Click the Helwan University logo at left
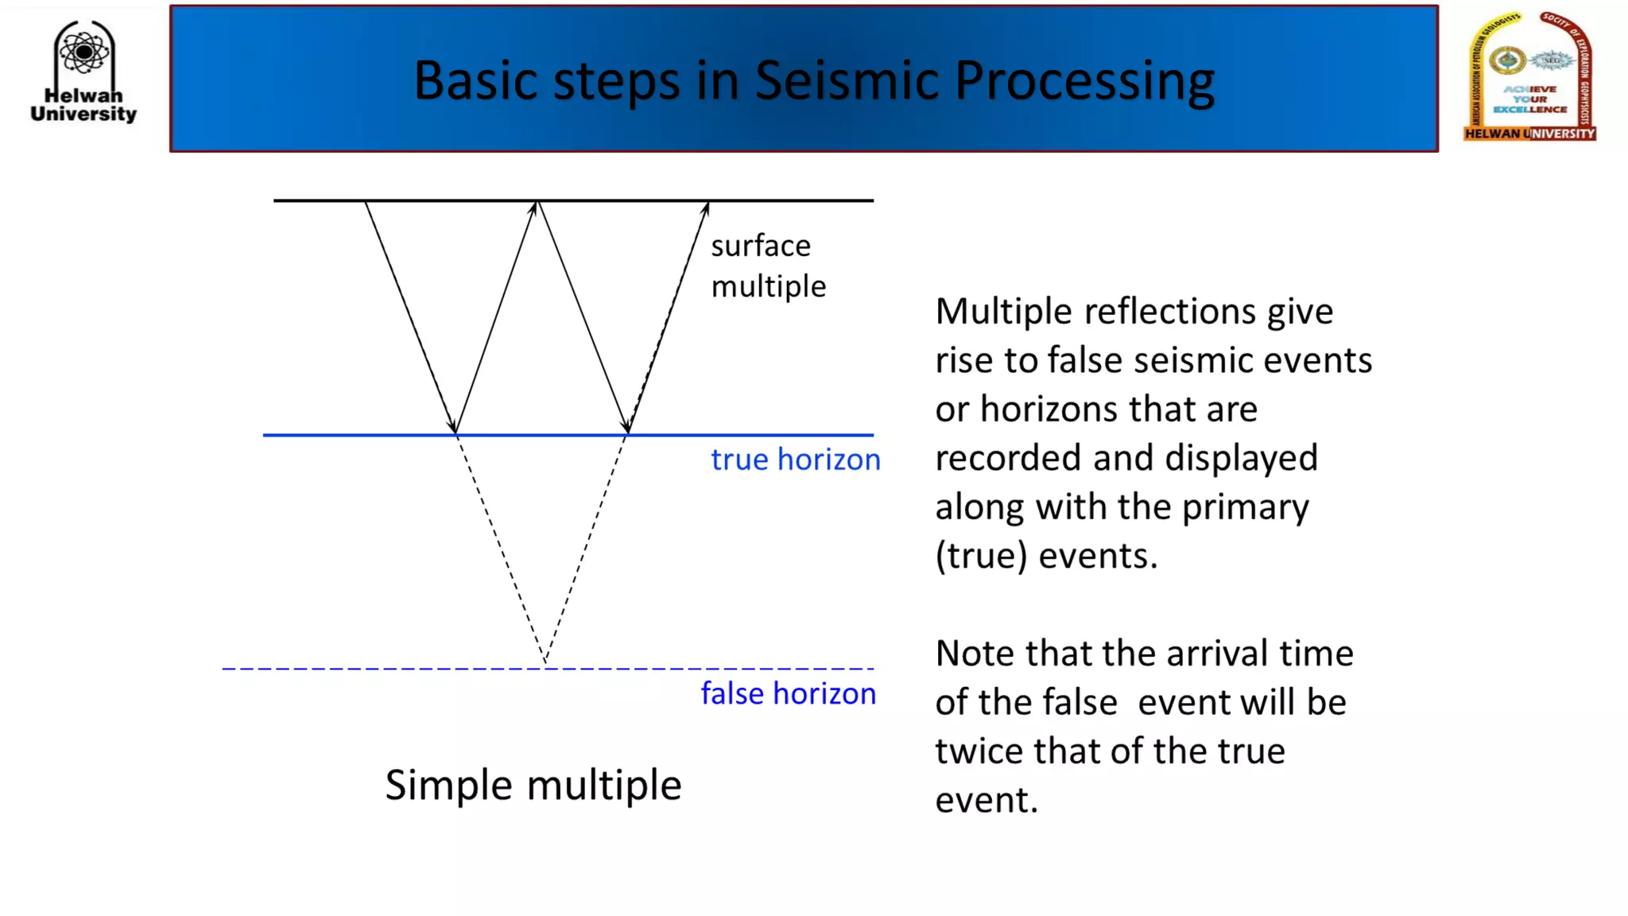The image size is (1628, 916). [x=83, y=72]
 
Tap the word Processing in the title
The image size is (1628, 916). [x=1084, y=80]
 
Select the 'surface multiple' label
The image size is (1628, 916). [x=767, y=266]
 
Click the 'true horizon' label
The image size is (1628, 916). [x=795, y=460]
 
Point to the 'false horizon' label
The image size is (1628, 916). [x=788, y=693]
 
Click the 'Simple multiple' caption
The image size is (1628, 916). [x=533, y=785]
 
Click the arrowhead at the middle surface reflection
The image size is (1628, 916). [x=536, y=207]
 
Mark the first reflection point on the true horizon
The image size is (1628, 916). [x=455, y=433]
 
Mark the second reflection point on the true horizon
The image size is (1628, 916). [x=627, y=433]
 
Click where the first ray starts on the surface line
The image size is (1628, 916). [x=366, y=201]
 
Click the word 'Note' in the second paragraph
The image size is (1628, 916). [x=975, y=654]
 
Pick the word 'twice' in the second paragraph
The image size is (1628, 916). [x=978, y=751]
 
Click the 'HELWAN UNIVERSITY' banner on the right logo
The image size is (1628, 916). [x=1529, y=134]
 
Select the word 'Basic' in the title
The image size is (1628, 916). [x=475, y=80]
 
